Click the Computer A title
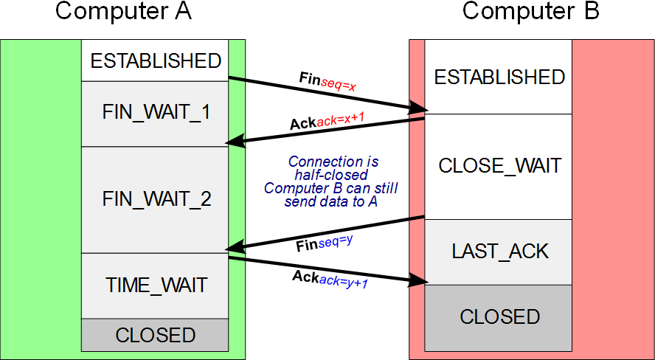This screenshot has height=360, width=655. pyautogui.click(x=123, y=11)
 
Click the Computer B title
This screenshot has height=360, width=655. pyautogui.click(x=530, y=11)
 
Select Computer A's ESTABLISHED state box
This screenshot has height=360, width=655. pyautogui.click(x=155, y=60)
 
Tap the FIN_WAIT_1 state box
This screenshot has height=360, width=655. pyautogui.click(x=155, y=113)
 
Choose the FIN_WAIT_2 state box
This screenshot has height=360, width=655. pyautogui.click(x=155, y=199)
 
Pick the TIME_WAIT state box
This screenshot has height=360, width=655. pyautogui.click(x=155, y=285)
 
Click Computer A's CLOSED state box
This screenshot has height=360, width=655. pyautogui.click(x=155, y=335)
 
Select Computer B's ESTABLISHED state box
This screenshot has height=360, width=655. pyautogui.click(x=499, y=77)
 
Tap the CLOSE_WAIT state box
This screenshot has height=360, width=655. pyautogui.click(x=499, y=166)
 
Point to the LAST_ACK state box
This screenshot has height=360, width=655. pyautogui.click(x=499, y=251)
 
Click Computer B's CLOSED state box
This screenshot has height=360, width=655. pyautogui.click(x=499, y=317)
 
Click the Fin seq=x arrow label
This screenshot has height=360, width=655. pyautogui.click(x=327, y=81)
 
